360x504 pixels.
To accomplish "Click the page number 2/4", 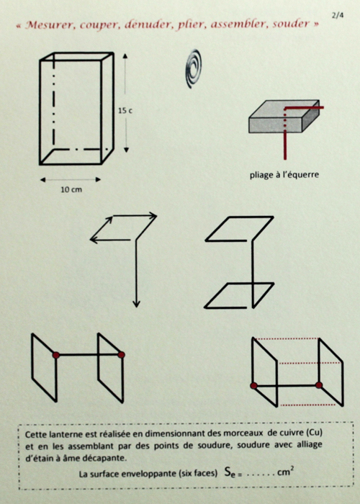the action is click(338, 15).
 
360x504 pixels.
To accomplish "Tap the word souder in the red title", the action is click(291, 24).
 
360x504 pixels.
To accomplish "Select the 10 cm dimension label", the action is click(71, 189).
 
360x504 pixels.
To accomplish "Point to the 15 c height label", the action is click(125, 111).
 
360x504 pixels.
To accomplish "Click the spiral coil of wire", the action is click(194, 69).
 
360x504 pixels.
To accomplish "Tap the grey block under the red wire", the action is click(284, 117).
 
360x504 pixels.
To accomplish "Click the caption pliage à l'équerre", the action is click(284, 175).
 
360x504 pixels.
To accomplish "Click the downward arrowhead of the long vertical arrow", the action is click(136, 304).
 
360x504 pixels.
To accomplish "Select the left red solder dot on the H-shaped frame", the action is click(56, 355).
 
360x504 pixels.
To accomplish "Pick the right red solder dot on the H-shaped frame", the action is click(121, 355).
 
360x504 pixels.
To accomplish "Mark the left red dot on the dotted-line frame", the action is click(254, 386).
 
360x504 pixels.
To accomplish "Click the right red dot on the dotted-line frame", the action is click(319, 385).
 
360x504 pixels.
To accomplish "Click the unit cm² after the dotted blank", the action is click(285, 472).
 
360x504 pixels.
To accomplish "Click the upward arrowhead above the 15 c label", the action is click(125, 56).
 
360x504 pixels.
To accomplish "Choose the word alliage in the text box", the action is click(308, 445).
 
